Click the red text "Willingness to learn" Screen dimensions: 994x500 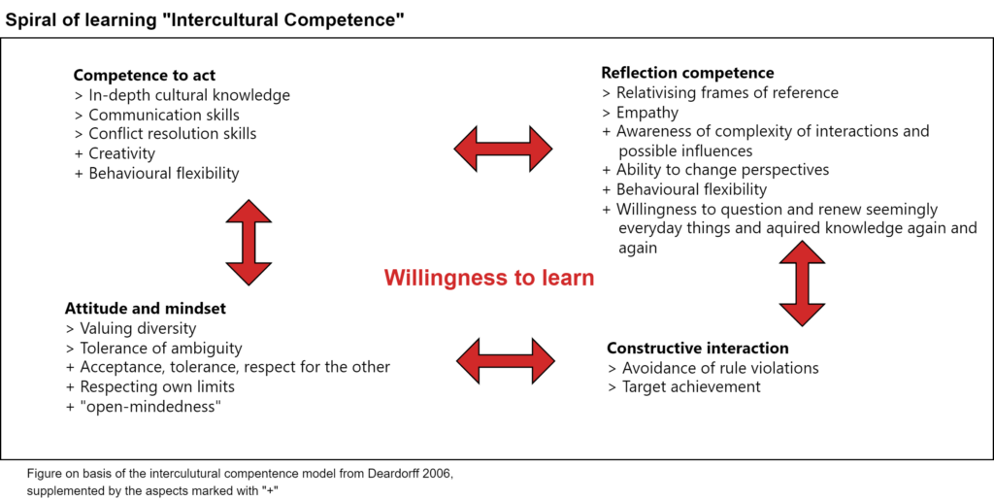click(489, 279)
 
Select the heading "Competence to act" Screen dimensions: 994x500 click(145, 76)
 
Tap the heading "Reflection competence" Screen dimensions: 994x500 click(687, 72)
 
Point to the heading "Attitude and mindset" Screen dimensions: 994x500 click(146, 310)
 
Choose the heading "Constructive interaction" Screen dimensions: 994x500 click(698, 348)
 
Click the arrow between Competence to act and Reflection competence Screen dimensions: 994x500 click(503, 149)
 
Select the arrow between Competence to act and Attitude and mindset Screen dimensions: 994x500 click(248, 242)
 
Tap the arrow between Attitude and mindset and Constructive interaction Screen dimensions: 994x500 click(505, 361)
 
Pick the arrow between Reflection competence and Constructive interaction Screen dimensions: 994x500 click(802, 283)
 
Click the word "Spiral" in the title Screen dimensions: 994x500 click(30, 21)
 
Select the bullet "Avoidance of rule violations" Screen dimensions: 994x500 click(713, 368)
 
